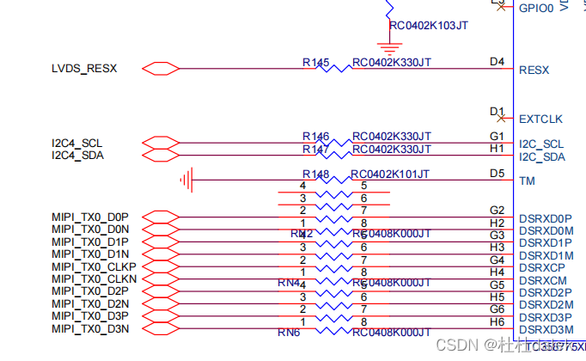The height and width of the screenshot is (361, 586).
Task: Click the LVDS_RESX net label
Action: point(84,69)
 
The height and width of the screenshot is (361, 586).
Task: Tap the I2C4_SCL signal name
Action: point(77,143)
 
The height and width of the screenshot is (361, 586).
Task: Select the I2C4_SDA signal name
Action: point(77,155)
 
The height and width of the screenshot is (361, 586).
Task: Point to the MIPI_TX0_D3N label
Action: point(90,328)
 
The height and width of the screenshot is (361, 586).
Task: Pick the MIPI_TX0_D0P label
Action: point(90,217)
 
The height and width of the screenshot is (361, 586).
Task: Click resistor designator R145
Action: point(315,63)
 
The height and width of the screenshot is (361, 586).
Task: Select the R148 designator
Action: point(315,174)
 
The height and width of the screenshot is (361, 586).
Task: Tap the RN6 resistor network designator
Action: point(289,333)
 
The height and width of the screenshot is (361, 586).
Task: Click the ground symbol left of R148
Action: point(186,180)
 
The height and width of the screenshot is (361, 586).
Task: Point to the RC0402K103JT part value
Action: point(429,26)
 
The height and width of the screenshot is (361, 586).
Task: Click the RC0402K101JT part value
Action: point(391,174)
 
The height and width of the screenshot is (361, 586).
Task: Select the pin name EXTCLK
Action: point(540,119)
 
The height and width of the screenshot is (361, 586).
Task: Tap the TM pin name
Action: point(528,181)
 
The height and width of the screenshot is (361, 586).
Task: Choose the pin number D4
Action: point(497,62)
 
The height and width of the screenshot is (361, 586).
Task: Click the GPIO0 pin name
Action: point(537,8)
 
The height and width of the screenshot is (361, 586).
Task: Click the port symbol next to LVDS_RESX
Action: point(160,69)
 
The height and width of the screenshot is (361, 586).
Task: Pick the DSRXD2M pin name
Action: point(546,305)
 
